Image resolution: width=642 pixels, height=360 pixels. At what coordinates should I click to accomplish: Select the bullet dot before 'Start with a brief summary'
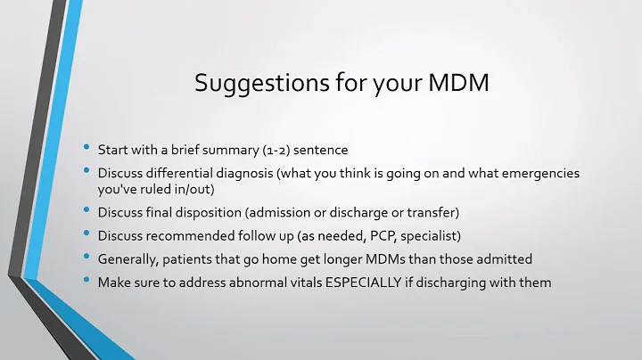pyautogui.click(x=87, y=145)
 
